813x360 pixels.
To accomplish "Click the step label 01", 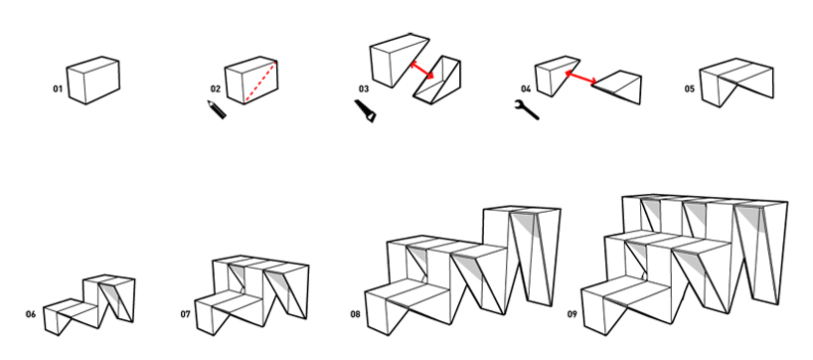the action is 58,90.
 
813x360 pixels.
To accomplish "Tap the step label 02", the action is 216,90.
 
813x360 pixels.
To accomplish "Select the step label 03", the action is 364,90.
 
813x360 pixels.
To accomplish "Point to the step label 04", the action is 527,90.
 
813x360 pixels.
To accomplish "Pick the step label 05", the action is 689,90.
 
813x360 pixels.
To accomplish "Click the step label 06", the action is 31,314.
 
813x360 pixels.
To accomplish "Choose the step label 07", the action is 186,314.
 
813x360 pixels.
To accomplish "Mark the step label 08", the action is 355,314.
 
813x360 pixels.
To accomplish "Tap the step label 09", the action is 571,314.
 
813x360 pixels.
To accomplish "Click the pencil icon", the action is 217,109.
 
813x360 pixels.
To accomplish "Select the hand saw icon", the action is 366,111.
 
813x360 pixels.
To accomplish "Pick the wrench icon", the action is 527,110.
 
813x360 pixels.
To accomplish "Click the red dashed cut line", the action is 261,81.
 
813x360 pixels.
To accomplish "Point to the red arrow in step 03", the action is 422,70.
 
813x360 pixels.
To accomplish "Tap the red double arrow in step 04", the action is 580,78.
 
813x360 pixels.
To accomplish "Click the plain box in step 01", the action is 93,81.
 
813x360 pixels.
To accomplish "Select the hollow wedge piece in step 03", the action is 437,80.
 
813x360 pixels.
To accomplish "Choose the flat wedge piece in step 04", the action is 617,86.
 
